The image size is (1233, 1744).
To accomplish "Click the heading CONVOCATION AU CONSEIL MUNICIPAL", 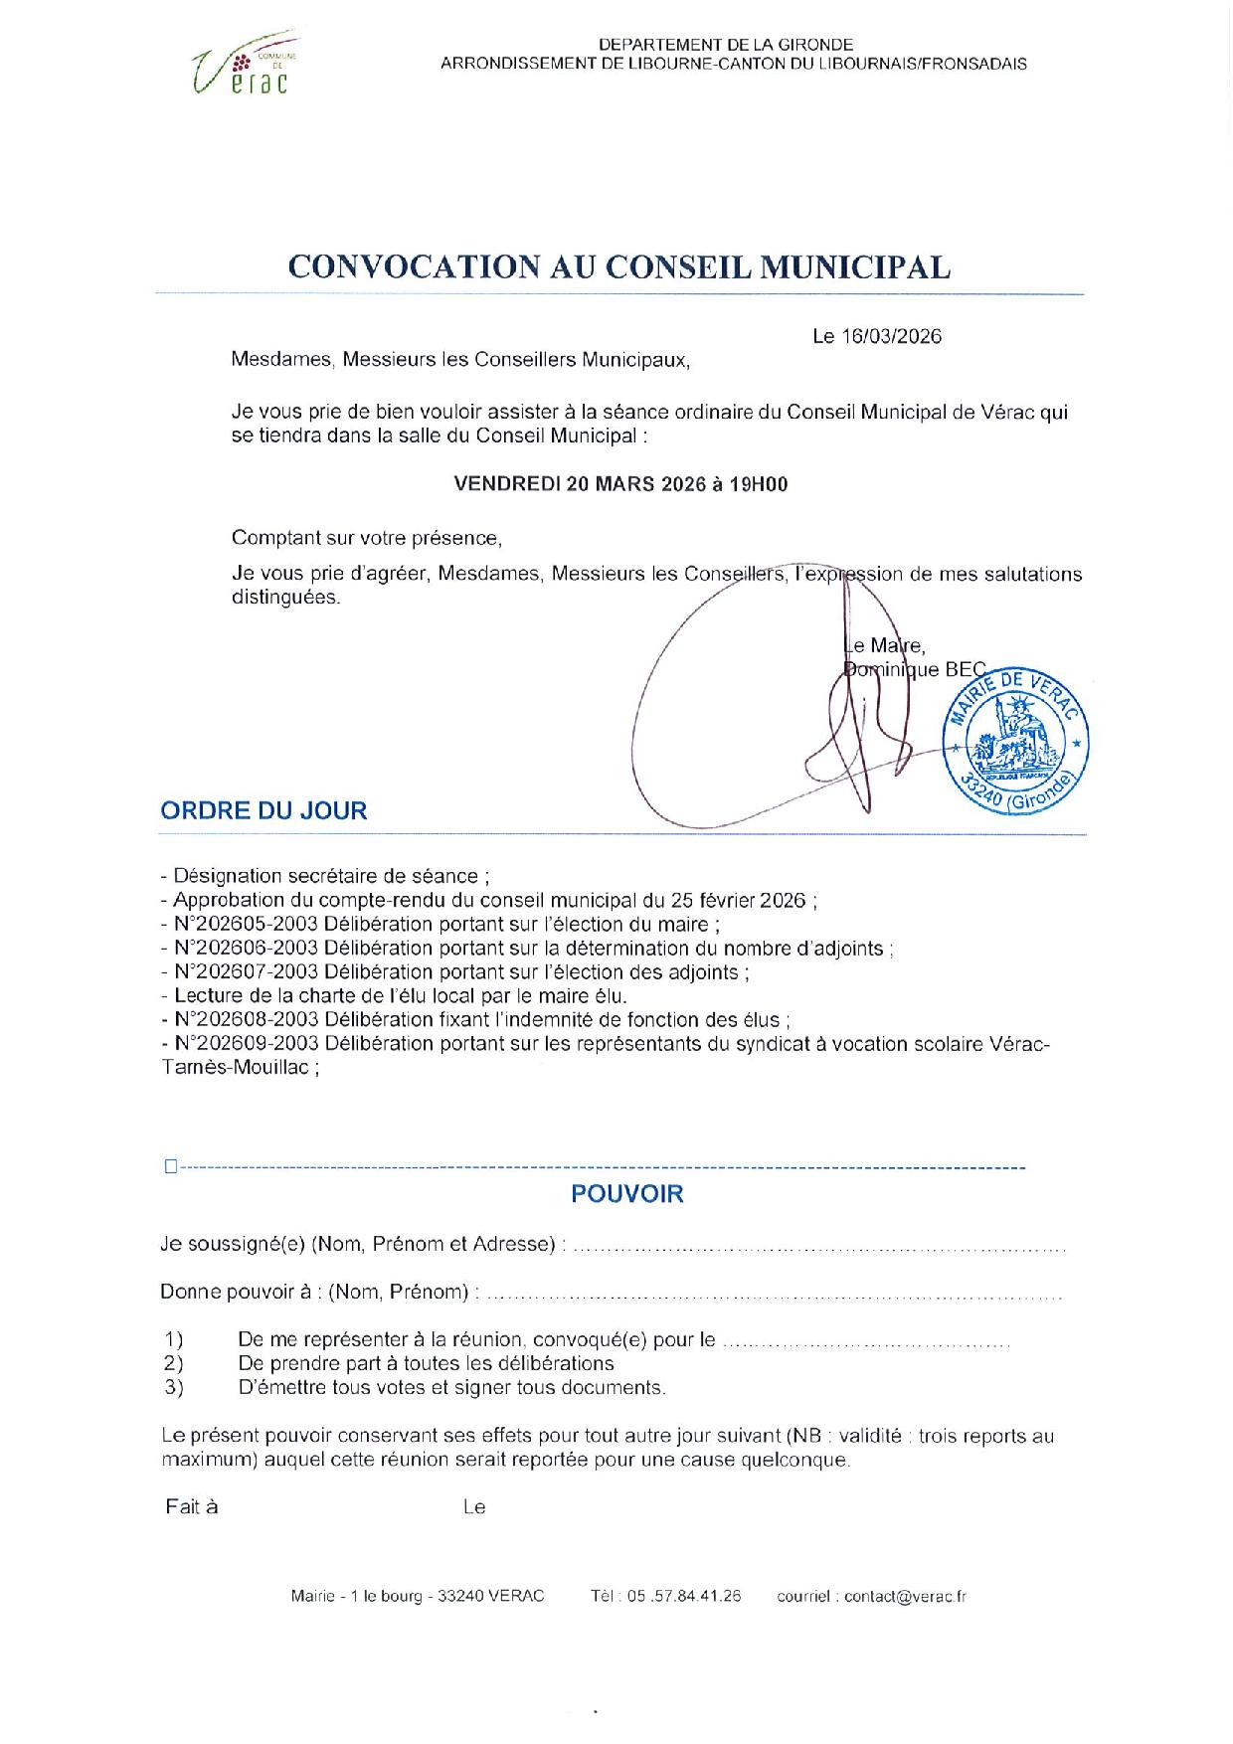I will (x=618, y=266).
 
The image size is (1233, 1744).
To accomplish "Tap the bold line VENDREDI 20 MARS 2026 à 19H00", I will (x=620, y=485).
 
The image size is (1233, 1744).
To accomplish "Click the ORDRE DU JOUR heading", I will (x=264, y=810).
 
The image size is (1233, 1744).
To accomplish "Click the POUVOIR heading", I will (x=626, y=1194).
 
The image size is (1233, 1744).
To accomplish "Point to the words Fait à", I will (x=192, y=1506).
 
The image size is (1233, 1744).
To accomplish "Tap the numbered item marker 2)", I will (x=175, y=1363).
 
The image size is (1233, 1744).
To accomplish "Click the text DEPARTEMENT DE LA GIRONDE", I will (x=726, y=44).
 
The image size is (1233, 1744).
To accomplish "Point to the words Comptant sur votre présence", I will (x=367, y=538).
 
